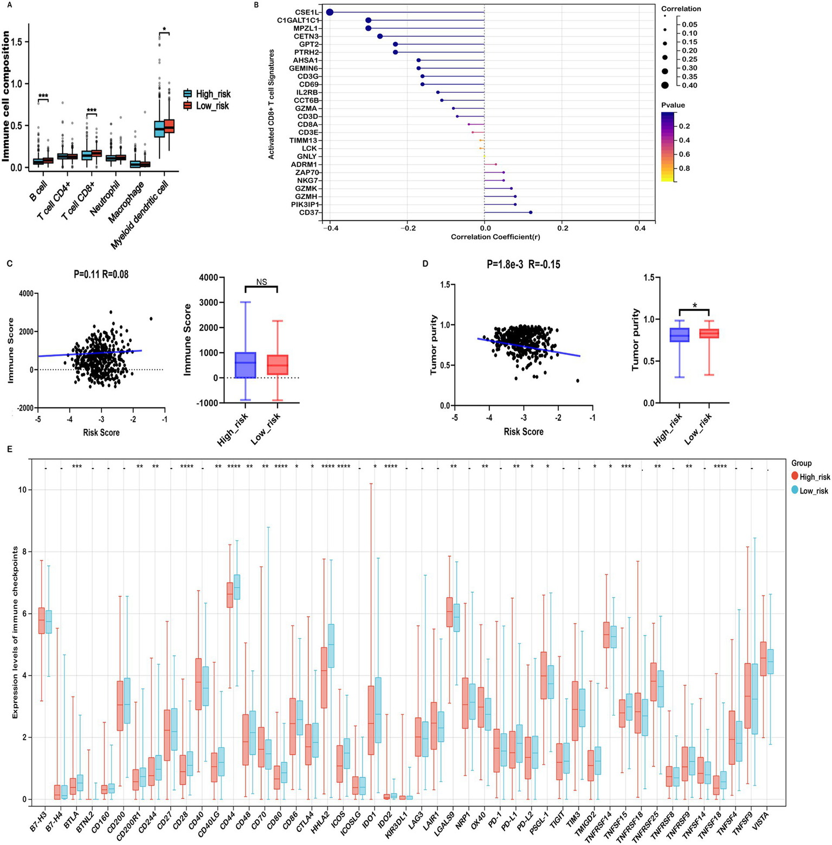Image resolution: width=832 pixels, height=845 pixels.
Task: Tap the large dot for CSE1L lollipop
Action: [x=330, y=12]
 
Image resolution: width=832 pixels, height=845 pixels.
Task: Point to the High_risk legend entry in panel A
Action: [x=213, y=94]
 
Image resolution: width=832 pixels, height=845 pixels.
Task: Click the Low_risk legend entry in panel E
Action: [x=814, y=490]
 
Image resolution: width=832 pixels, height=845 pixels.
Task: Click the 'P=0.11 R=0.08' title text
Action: [x=101, y=275]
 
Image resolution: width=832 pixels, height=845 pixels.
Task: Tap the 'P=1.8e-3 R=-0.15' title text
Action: [x=524, y=265]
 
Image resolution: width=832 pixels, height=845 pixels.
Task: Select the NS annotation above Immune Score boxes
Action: [x=262, y=282]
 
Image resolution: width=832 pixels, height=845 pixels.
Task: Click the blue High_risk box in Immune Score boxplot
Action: [x=246, y=364]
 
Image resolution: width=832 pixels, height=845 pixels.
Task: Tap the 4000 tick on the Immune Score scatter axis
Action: [x=25, y=293]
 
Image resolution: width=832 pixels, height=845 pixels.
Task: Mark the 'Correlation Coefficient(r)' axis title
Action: [x=495, y=237]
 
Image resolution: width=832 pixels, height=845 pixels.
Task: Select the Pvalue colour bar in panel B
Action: [x=668, y=147]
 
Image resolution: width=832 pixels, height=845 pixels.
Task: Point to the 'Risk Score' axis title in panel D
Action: [x=523, y=432]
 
